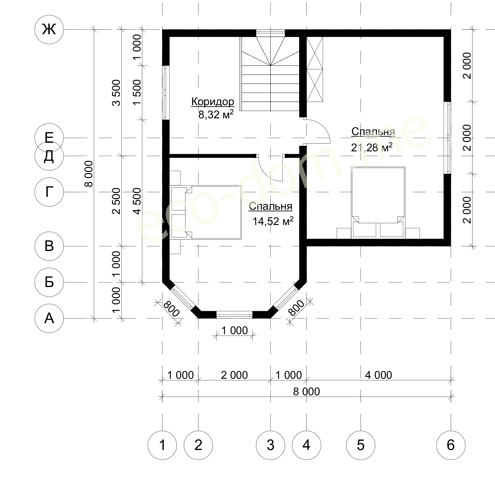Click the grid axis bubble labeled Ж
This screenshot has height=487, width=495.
pos(49,30)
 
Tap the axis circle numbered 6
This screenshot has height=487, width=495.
pos(451,445)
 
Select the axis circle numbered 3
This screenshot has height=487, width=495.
pos(270,445)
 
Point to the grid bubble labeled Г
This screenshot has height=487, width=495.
pos(49,192)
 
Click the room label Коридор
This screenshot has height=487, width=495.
pos(213,101)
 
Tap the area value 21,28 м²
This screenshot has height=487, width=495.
pos(372,147)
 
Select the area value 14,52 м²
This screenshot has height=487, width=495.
pos(273,221)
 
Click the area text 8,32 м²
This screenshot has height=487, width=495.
pos(216,115)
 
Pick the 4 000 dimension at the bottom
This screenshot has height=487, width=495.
pos(378,375)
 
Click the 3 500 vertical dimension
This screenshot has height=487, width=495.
pos(116,93)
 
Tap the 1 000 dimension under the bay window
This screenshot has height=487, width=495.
pos(234,330)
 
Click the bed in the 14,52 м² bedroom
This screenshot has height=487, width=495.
pos(206,212)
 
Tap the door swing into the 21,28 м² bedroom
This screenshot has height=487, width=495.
pos(318,131)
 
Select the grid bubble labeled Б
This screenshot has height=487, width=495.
pos(49,282)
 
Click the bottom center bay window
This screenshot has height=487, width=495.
pos(234,315)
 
